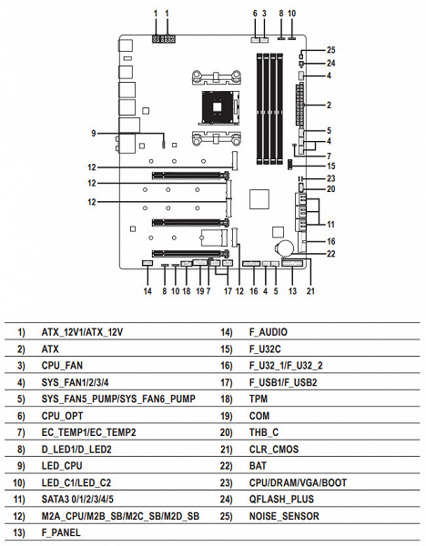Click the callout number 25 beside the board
point(330,50)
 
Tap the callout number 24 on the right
point(330,63)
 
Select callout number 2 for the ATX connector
point(329,105)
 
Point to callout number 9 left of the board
point(94,133)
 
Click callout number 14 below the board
point(147,291)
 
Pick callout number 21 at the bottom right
point(310,291)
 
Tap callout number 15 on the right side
point(330,167)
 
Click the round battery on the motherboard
point(286,248)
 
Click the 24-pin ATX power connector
point(299,104)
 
